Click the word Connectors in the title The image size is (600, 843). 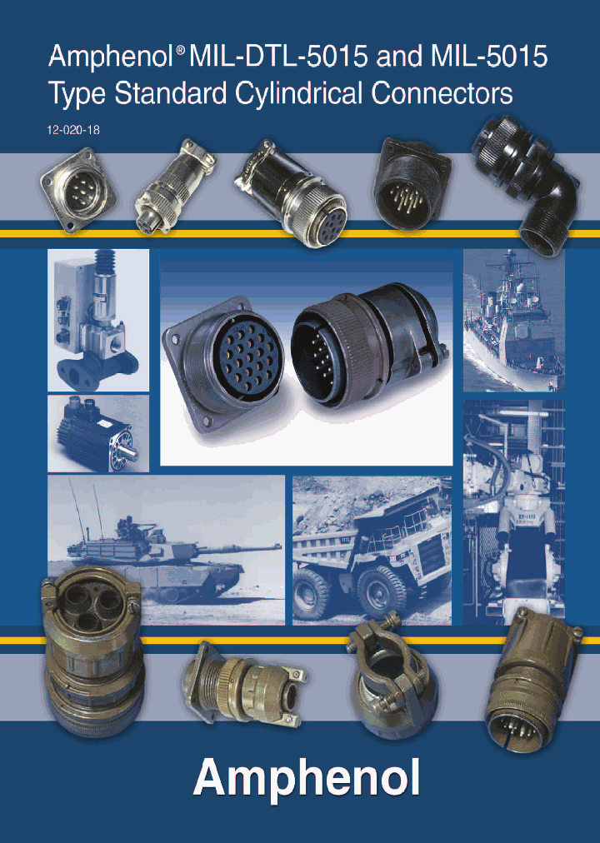point(442,93)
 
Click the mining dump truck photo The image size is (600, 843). point(371,550)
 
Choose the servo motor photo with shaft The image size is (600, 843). point(98,433)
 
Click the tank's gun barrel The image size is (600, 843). point(242,546)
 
